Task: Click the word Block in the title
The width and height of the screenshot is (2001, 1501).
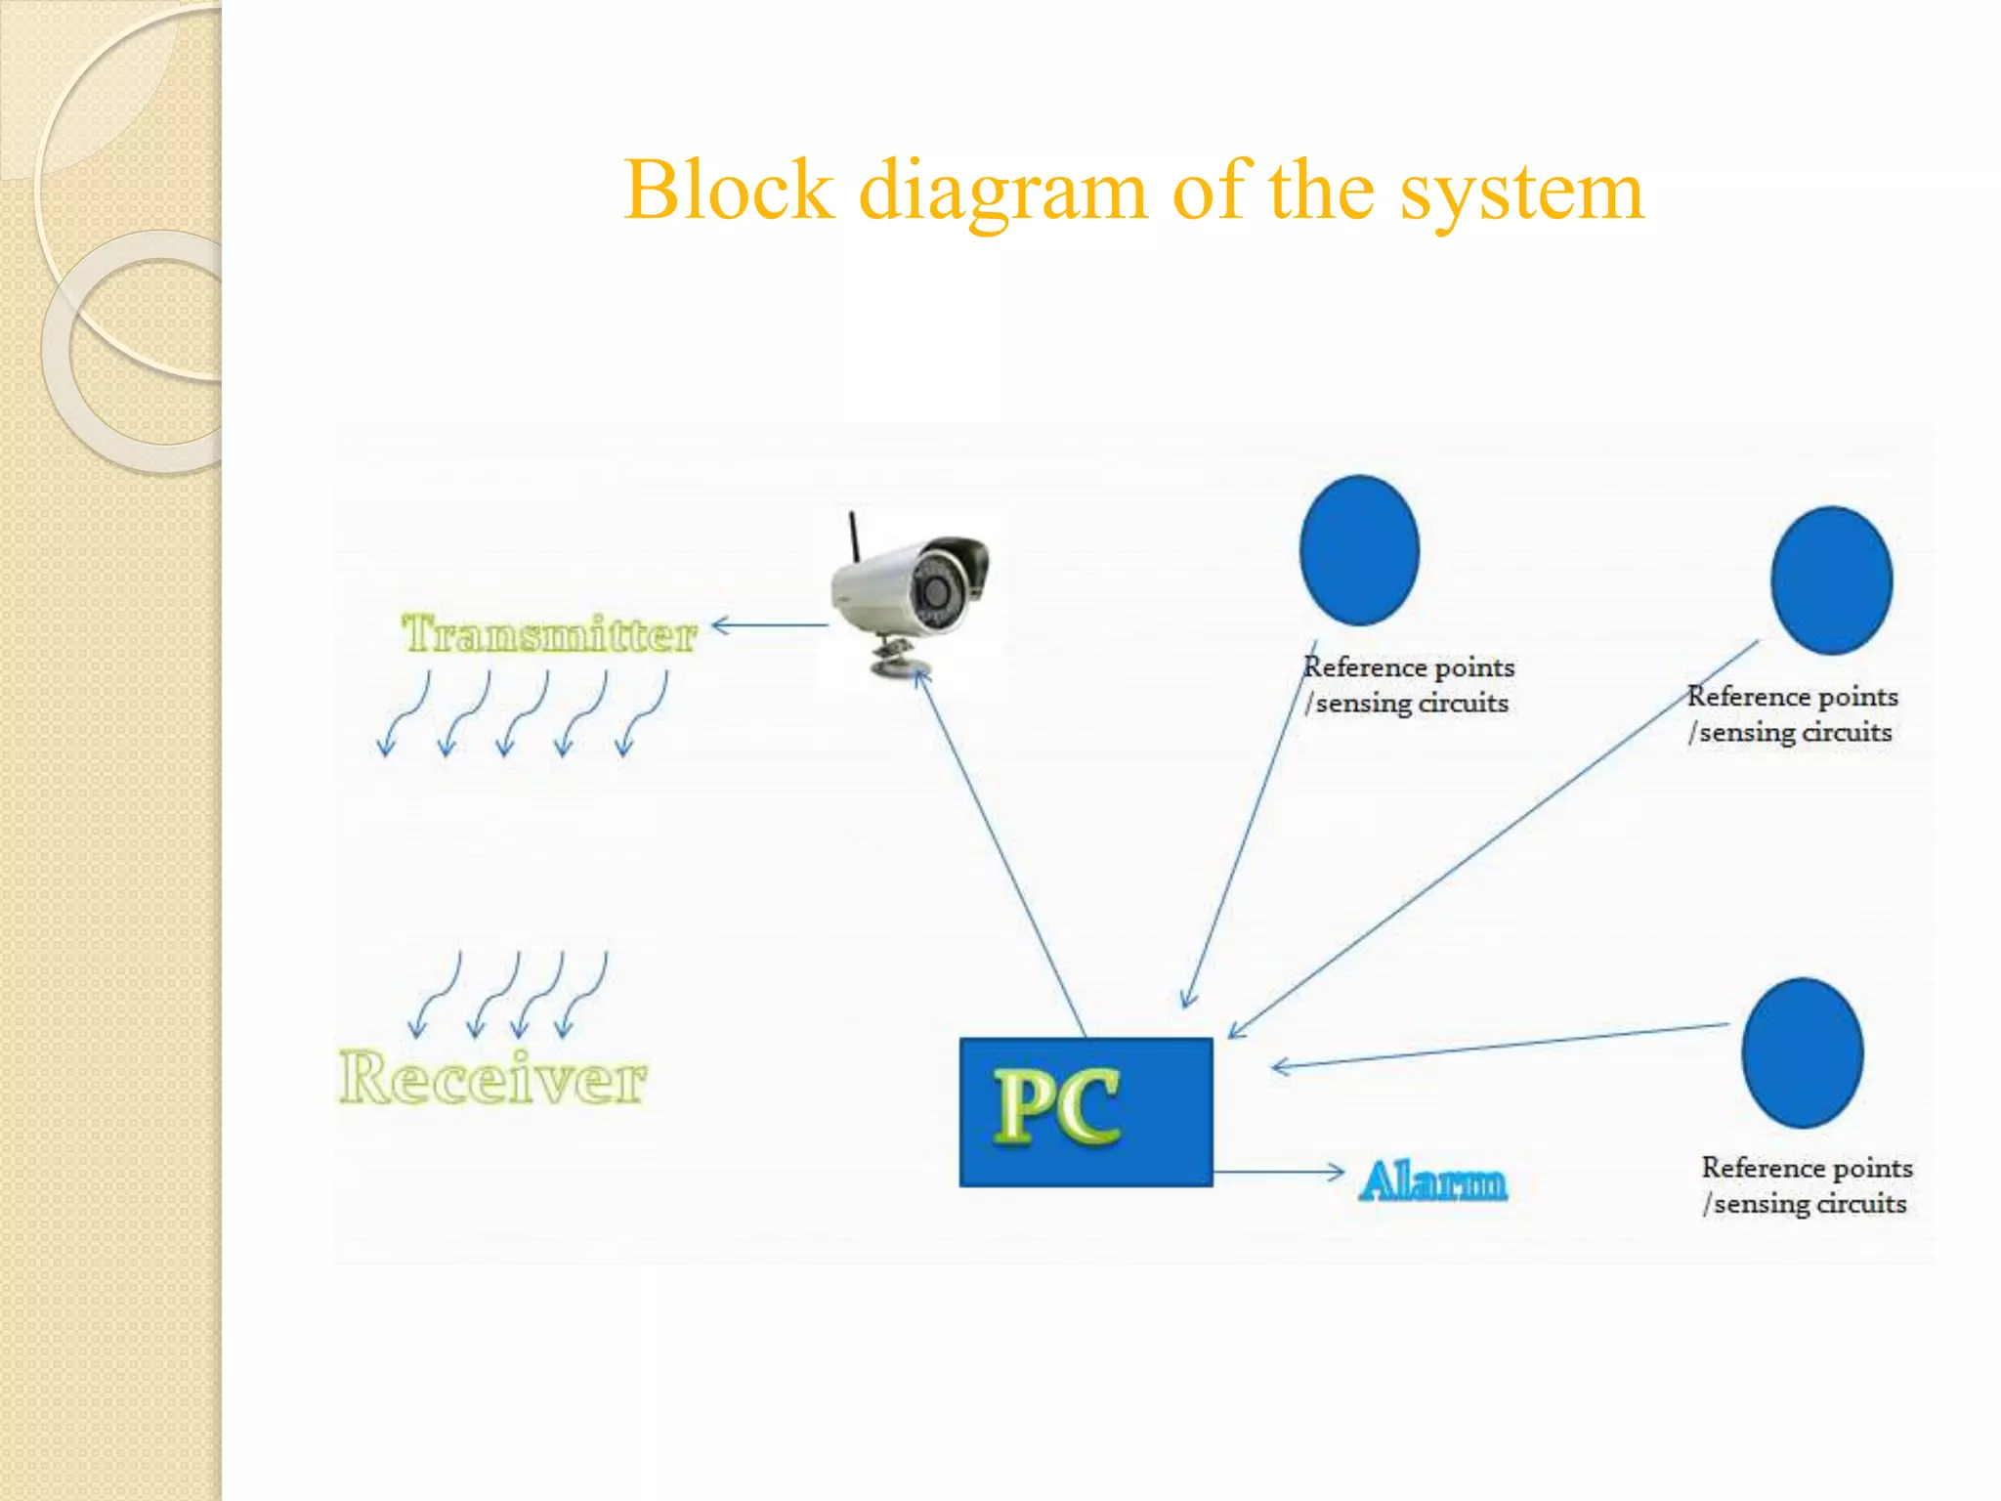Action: click(729, 190)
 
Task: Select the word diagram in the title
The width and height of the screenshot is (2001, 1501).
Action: click(1002, 192)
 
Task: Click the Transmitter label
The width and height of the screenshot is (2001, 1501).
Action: click(549, 635)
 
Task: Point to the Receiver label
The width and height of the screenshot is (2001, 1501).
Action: click(492, 1079)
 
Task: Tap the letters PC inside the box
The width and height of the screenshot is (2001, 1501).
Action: click(1057, 1106)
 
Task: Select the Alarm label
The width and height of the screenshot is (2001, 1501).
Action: click(1432, 1180)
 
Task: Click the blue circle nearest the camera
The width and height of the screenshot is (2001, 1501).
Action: click(1359, 550)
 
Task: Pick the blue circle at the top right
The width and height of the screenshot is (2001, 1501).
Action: click(1831, 580)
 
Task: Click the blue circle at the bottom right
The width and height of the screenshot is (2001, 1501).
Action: click(1802, 1052)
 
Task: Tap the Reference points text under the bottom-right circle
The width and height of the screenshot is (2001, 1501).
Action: click(1806, 1168)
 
